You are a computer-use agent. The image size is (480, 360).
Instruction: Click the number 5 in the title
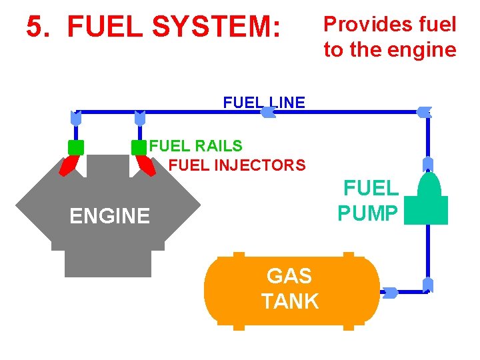35,27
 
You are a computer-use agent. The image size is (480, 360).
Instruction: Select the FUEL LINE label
264,103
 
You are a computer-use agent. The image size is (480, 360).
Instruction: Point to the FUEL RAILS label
195,145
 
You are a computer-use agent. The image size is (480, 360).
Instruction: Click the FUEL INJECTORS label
237,165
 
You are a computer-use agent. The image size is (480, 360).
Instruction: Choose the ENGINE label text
110,216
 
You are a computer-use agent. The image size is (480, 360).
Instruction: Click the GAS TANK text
291,288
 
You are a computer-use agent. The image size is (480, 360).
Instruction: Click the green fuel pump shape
427,200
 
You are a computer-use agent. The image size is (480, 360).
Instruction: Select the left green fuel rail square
76,147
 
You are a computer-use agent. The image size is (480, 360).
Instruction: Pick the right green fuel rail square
139,147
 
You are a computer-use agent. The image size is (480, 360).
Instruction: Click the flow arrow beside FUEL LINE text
267,113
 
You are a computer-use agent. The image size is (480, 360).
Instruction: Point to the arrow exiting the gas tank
390,292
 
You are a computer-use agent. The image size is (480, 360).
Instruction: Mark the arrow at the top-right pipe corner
425,112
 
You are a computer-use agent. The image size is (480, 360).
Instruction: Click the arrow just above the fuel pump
428,165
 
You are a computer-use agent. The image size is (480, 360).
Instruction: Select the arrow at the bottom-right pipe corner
428,285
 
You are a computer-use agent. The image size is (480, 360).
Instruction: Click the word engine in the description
423,50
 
